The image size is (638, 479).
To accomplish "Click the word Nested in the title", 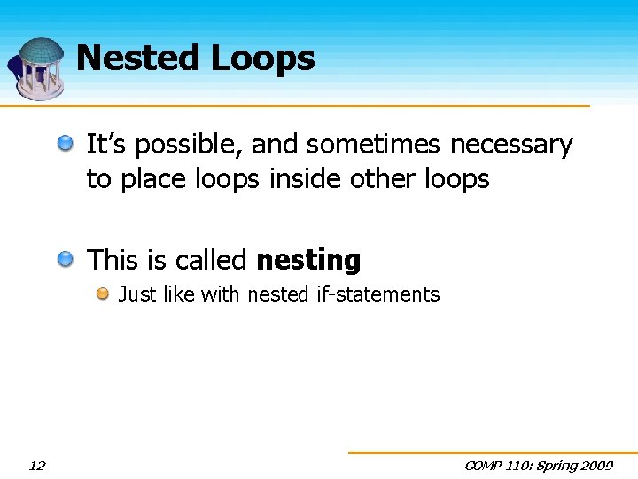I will click(138, 59).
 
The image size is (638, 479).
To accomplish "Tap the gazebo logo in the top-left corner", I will click(37, 67).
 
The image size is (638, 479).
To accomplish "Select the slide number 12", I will click(37, 466).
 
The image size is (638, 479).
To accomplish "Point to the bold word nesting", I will click(308, 261).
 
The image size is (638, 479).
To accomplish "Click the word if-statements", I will click(377, 294).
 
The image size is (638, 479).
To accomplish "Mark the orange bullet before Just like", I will click(103, 294).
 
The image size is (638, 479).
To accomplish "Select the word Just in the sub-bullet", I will click(136, 294).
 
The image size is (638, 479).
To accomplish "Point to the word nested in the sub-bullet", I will click(278, 294).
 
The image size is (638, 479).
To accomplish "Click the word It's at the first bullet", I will click(105, 145).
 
